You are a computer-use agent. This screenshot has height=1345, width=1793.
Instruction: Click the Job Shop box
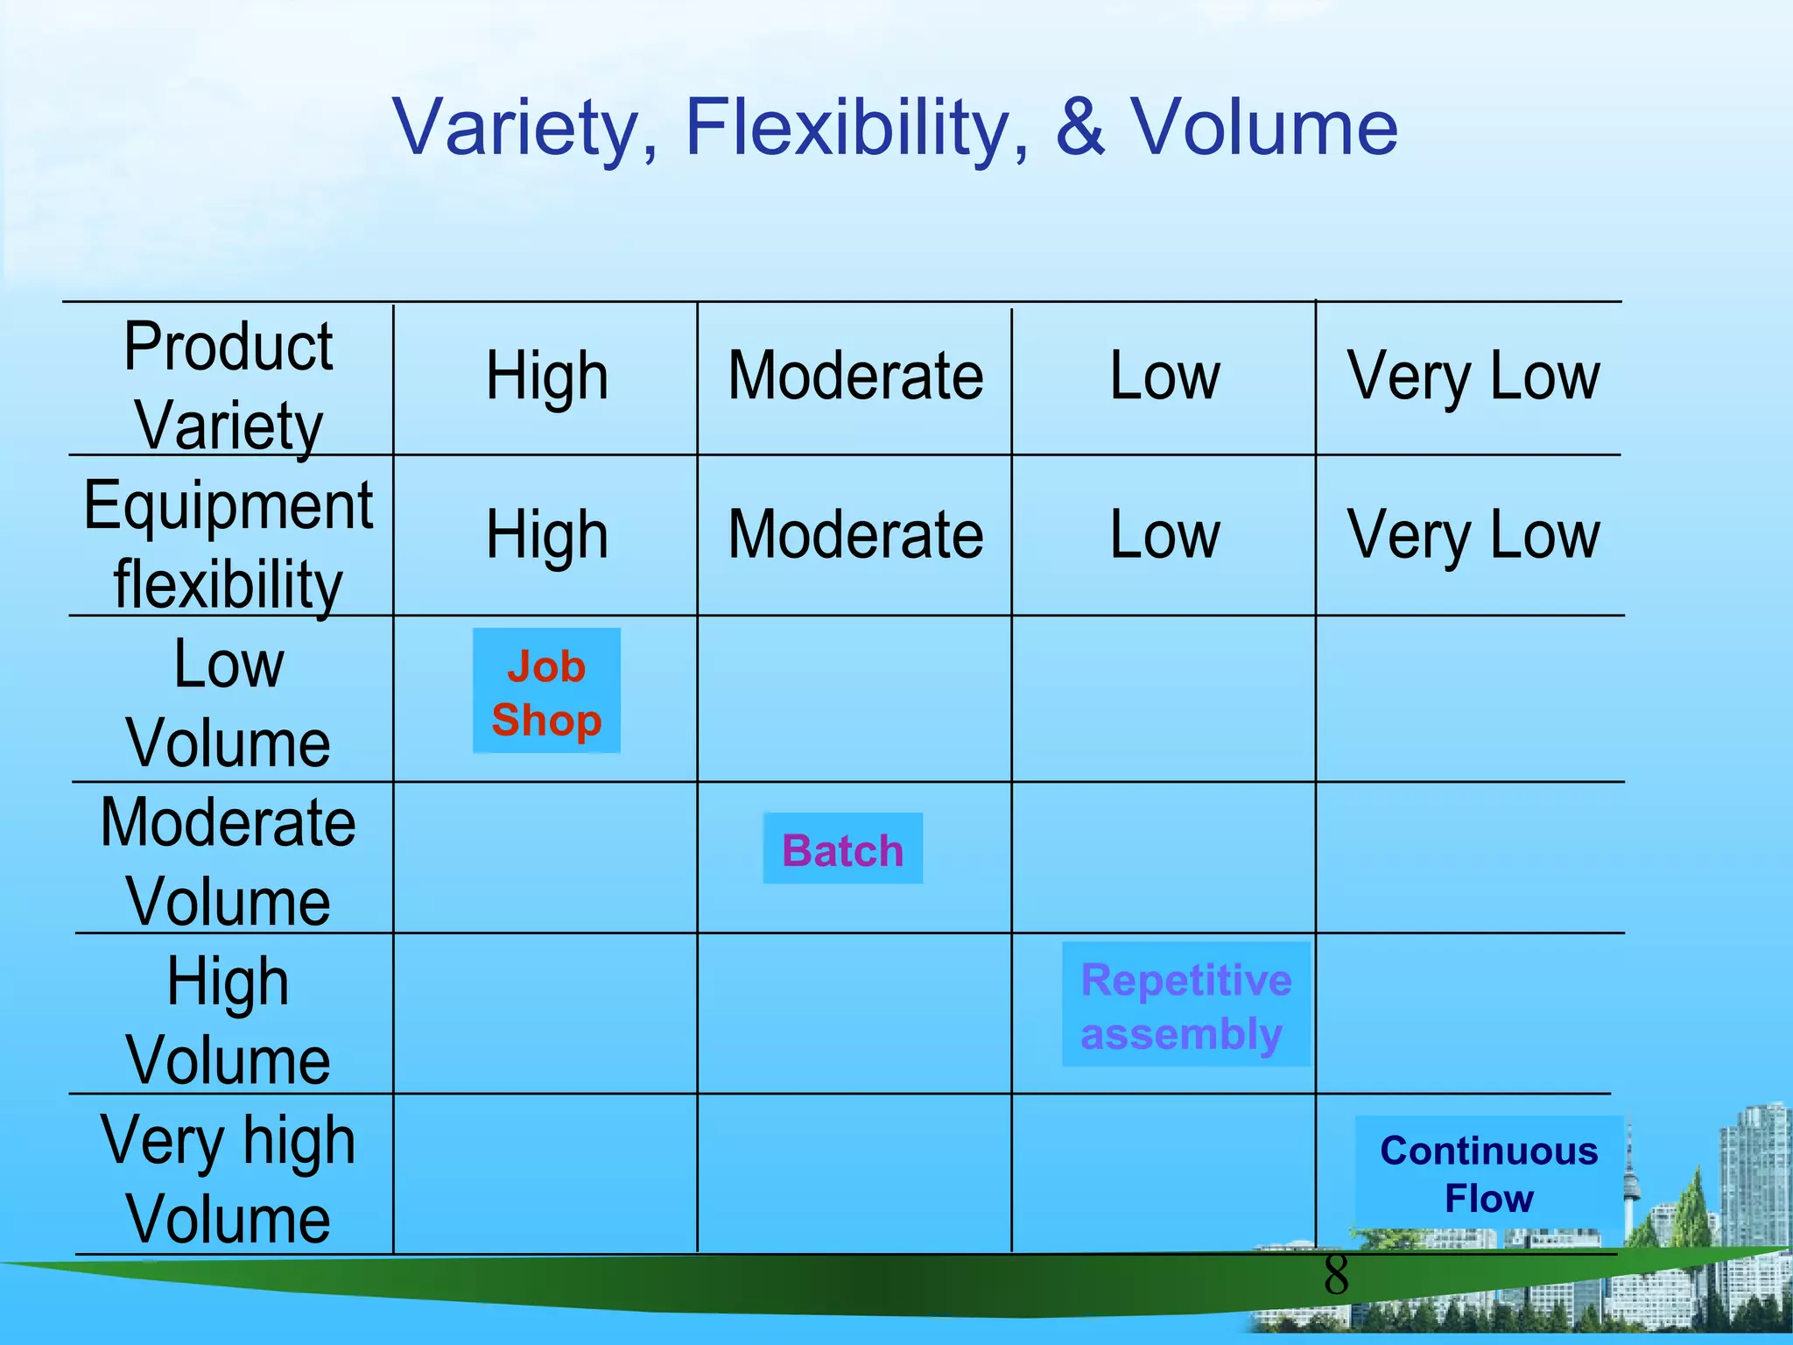(x=546, y=692)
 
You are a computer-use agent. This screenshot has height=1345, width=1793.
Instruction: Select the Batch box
(x=842, y=849)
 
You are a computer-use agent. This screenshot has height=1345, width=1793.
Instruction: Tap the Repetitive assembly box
(x=1185, y=1005)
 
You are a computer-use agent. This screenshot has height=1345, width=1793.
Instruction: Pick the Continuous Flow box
(x=1488, y=1173)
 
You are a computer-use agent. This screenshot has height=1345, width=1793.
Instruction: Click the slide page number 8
(x=1336, y=1275)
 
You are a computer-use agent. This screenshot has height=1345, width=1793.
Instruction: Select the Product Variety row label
(x=229, y=385)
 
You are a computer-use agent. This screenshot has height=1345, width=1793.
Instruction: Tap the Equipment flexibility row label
(x=229, y=545)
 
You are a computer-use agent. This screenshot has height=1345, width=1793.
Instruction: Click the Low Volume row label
(x=229, y=704)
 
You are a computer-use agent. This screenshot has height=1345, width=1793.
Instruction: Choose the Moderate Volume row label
(x=229, y=863)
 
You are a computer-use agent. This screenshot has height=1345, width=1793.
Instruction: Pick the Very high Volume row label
(x=229, y=1180)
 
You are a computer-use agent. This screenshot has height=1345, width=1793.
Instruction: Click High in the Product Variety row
(x=547, y=377)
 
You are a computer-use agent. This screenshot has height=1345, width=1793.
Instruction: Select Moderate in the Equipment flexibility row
(x=855, y=535)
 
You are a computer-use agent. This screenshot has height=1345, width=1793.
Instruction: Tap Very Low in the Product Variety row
(x=1473, y=377)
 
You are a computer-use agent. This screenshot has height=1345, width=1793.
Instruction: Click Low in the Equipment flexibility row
(x=1164, y=535)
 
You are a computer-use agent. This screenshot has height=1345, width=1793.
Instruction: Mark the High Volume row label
(x=229, y=1021)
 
